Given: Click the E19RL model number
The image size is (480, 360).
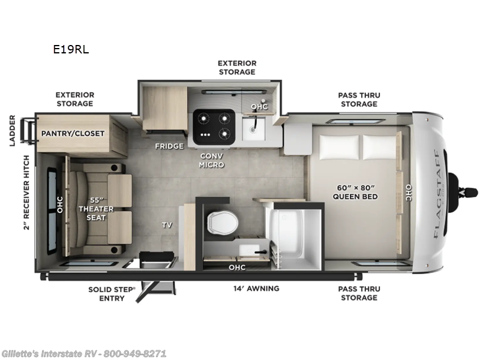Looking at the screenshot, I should pos(71,50).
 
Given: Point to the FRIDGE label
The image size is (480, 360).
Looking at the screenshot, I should pos(169,146).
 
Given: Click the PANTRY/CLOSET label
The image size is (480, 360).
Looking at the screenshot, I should pos(73,133).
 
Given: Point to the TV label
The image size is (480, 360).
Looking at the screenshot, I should pos(167,225).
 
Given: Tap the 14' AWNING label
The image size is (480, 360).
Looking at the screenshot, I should pos(256,289).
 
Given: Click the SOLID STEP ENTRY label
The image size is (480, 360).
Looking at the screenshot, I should pos(112,293).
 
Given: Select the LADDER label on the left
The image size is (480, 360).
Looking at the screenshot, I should pos(12,131).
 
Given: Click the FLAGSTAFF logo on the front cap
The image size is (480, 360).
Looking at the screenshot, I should pos(436,192).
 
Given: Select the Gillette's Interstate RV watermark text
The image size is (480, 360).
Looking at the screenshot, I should pos(84,353).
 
